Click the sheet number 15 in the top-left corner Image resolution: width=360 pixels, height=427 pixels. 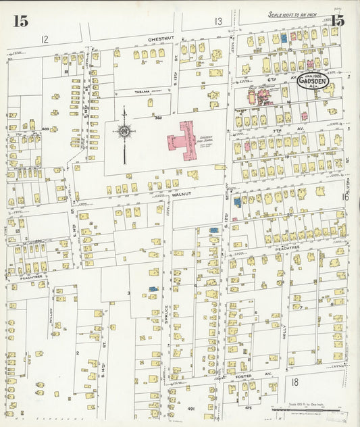[20, 20]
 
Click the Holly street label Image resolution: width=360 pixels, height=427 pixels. [284, 331]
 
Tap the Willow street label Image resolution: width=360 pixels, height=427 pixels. [51, 314]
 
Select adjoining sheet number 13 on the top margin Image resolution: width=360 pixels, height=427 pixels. [218, 22]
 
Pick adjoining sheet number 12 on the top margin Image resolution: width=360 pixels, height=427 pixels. [45, 39]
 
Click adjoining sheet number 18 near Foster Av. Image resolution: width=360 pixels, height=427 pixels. [294, 382]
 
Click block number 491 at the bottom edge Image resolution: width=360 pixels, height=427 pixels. [190, 409]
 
